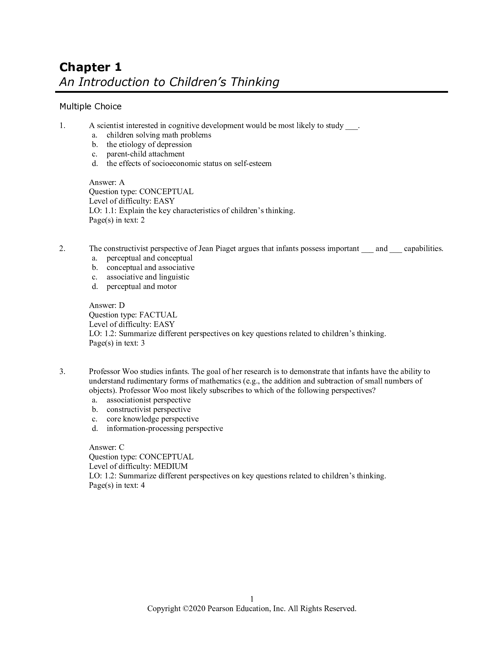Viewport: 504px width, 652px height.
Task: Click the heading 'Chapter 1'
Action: pos(90,67)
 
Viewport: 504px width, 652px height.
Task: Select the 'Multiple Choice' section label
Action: pos(90,107)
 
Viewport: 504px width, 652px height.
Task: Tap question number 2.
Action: pos(62,249)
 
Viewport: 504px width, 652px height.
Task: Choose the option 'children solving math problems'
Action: pos(159,135)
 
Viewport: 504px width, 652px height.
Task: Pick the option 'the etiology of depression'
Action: pos(149,145)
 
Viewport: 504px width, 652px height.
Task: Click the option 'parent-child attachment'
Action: pos(145,154)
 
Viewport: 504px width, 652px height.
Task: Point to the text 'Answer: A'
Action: pos(107,182)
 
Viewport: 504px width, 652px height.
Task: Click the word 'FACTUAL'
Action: pos(158,315)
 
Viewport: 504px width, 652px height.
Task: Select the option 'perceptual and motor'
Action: pos(141,287)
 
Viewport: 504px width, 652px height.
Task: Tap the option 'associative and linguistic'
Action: pos(148,277)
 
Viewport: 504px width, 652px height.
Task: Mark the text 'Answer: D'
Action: pos(107,305)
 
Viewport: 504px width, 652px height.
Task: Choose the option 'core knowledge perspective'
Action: pos(153,419)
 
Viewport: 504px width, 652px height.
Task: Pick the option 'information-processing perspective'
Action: pos(165,429)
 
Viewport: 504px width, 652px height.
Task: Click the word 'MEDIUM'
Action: pos(170,466)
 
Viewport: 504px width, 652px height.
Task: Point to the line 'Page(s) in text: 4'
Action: pos(117,485)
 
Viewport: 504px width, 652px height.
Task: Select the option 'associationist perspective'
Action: pos(149,400)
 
